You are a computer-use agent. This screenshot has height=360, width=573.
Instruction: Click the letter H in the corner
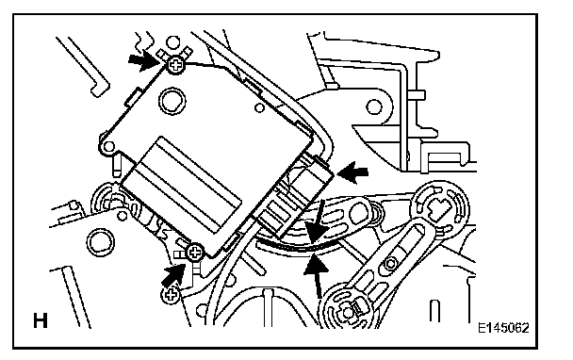(41, 320)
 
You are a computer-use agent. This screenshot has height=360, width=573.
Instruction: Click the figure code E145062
(503, 327)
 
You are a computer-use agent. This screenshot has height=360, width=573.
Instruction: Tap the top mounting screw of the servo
(176, 65)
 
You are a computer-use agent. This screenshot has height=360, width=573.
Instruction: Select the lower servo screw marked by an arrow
(195, 252)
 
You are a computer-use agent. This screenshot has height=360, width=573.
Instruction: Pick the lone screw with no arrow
(171, 295)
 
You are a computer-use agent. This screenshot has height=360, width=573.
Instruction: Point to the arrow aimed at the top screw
(145, 59)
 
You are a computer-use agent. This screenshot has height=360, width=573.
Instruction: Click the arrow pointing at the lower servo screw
(174, 274)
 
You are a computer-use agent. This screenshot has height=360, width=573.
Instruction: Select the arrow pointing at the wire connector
(352, 172)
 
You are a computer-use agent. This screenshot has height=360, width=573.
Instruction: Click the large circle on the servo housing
(172, 101)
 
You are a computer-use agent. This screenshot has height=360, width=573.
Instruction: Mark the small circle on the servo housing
(259, 107)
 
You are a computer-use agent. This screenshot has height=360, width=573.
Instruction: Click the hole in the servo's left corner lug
(108, 147)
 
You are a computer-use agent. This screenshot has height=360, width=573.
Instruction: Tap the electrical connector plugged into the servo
(296, 195)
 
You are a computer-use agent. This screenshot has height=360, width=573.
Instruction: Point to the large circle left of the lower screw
(100, 242)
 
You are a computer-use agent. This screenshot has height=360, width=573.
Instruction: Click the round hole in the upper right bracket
(373, 107)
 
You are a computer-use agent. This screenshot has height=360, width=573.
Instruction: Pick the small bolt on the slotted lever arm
(391, 263)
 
